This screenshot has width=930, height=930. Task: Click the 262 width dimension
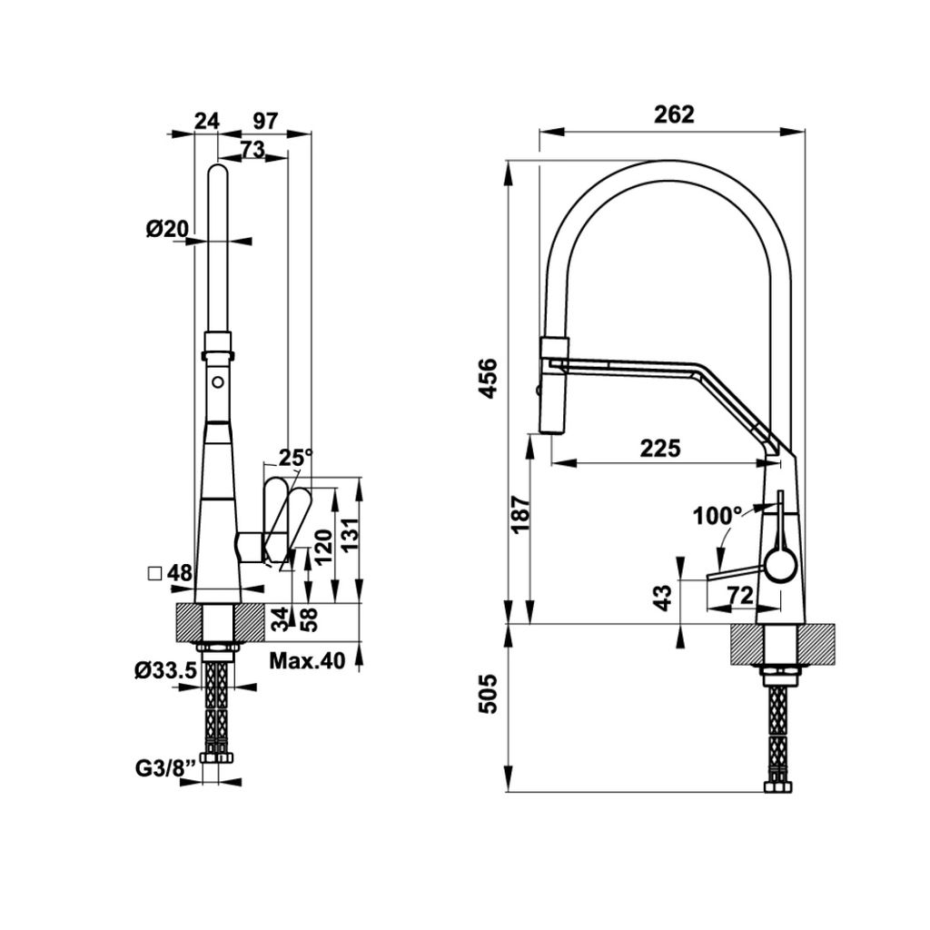(673, 114)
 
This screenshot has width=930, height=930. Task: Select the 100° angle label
(717, 516)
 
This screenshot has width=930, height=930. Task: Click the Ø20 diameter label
(166, 229)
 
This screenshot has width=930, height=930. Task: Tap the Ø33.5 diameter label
(165, 670)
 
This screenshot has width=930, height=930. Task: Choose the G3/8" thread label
(163, 767)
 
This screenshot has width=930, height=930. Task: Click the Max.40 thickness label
(307, 661)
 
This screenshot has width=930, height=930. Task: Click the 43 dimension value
(663, 597)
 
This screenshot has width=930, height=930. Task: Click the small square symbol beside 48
(154, 573)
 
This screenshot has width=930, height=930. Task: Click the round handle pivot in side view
(778, 567)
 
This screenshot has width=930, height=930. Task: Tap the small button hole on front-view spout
(218, 383)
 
